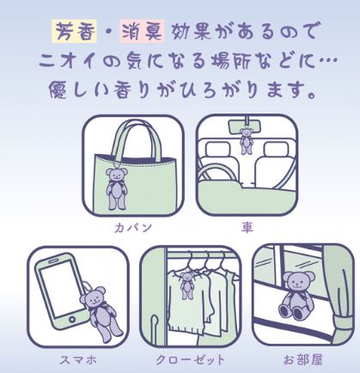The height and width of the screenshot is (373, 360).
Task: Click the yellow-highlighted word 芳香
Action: coord(74,31)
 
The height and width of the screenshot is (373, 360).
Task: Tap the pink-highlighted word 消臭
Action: coord(142,31)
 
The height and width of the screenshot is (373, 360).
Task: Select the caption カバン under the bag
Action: coord(133,228)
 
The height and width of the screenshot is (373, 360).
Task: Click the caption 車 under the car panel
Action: coord(247,228)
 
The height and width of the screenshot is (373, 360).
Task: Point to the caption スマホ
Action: coord(77,360)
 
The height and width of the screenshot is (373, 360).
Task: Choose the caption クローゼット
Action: coord(190,360)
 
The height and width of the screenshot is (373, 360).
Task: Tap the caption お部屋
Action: coord(302,360)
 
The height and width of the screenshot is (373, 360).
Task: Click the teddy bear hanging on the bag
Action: coord(117,188)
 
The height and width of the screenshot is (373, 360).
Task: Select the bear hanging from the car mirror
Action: coord(247,141)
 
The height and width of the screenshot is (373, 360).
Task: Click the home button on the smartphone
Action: coord(72,320)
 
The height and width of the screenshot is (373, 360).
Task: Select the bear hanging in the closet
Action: coord(187,284)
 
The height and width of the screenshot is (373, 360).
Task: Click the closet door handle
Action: coord(155,326)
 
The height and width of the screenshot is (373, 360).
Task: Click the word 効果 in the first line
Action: coord(192,31)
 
